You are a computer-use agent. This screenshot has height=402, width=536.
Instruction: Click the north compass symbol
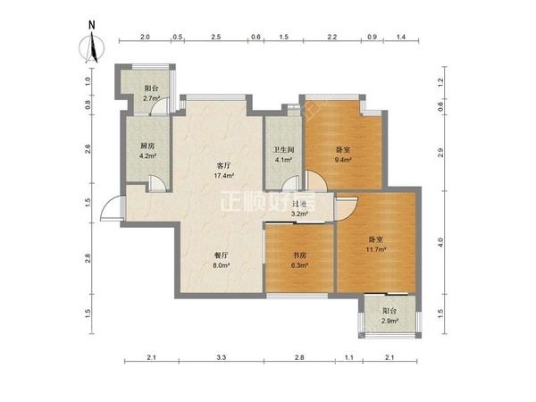click(x=92, y=48)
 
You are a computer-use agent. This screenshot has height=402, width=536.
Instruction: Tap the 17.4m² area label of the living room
click(x=224, y=176)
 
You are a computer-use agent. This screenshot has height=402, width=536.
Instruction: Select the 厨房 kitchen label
click(x=147, y=147)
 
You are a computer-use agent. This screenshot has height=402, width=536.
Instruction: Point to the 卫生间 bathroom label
click(x=283, y=150)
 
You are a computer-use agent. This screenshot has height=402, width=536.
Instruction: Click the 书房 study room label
click(x=300, y=255)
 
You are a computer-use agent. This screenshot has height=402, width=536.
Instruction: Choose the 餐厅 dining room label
click(x=221, y=255)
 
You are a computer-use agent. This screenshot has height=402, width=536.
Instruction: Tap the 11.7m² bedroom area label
click(x=376, y=250)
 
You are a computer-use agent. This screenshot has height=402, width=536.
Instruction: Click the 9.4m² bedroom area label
click(x=344, y=160)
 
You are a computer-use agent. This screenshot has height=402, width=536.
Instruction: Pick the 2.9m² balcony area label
click(x=390, y=322)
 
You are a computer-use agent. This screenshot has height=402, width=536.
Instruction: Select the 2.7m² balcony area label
click(x=152, y=98)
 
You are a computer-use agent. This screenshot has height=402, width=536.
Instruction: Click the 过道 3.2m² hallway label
click(x=299, y=209)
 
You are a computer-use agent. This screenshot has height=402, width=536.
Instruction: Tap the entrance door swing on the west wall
click(x=113, y=208)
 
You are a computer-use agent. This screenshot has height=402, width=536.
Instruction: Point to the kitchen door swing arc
click(x=157, y=182)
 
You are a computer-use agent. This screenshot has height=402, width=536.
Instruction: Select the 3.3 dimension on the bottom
click(x=222, y=357)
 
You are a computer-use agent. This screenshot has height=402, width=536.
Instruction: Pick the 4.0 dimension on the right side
click(x=440, y=242)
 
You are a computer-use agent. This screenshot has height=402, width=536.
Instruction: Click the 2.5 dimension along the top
click(x=216, y=37)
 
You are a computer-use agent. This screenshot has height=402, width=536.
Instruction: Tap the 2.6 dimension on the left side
click(x=88, y=148)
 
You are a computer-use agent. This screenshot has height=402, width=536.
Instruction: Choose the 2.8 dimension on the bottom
click(x=299, y=357)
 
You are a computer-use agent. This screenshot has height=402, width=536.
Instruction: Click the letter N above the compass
click(x=92, y=25)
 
